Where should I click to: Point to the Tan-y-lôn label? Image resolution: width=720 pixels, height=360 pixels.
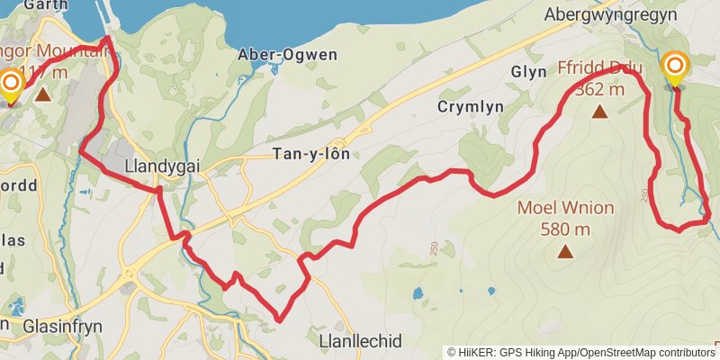(x=310, y=154)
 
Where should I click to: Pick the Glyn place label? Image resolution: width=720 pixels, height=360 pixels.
(x=528, y=71)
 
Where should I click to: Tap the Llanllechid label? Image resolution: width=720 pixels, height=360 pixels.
(x=360, y=341)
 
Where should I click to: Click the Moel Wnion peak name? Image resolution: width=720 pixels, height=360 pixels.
(x=565, y=209)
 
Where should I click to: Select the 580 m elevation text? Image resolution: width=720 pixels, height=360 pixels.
(x=565, y=229)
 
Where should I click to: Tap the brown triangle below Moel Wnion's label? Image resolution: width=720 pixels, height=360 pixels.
(x=565, y=251)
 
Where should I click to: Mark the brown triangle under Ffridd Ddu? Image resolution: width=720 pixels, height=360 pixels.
(x=599, y=112)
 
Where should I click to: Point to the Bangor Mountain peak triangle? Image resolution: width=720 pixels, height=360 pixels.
(x=42, y=92)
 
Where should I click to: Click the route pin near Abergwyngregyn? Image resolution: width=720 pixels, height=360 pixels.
(x=675, y=67)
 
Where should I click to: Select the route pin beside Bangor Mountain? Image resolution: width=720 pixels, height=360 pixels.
(x=11, y=85)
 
